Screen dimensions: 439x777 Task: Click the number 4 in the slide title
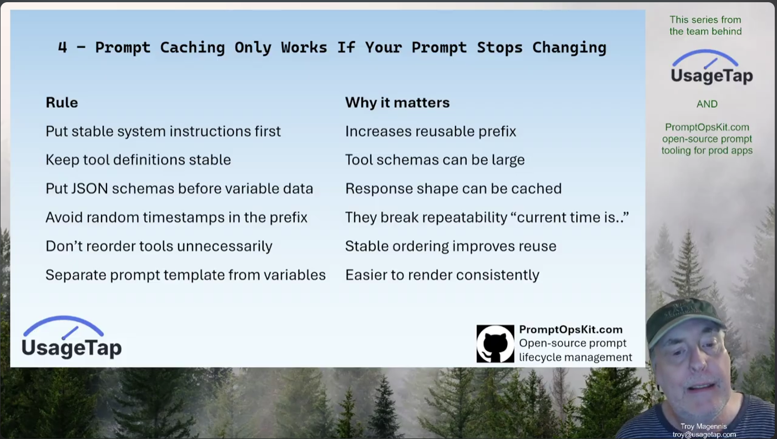point(62,47)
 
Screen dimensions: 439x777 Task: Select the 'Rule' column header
point(62,102)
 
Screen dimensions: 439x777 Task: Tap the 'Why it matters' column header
point(397,102)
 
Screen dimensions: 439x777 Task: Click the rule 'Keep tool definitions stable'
point(138,160)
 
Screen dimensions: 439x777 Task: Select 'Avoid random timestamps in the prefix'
point(176,217)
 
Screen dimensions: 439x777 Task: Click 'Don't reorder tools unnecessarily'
point(159,246)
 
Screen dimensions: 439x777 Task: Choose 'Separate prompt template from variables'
point(185,275)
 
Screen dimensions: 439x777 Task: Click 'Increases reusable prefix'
point(431,131)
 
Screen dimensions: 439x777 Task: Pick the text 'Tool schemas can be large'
point(435,160)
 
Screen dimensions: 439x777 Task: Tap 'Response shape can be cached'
point(453,188)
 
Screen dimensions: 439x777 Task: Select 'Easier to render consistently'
point(442,275)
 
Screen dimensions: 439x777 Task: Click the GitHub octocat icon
point(495,344)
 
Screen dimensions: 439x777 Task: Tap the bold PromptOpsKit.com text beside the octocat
point(571,330)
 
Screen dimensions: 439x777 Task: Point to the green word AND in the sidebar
point(707,104)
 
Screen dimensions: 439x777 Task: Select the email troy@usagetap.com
point(704,435)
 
